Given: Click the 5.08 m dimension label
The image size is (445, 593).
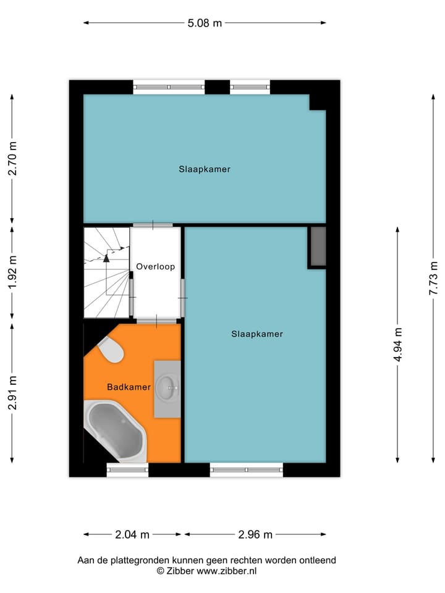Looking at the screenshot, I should pos(205,23).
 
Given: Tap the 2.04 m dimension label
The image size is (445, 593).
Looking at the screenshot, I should pos(133,534).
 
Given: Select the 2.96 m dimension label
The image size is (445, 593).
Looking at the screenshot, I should pos(255,534).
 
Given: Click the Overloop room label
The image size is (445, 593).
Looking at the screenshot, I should pos(156,267).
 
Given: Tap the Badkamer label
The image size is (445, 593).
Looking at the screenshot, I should pos(129,387).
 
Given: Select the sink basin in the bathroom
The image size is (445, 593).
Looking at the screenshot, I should pos(167,389).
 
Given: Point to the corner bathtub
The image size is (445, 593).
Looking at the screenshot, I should pos(115,430).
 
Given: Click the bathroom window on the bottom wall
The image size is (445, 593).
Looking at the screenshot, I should pos(127,470).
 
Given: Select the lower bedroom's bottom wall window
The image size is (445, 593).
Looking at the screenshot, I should pos(247,470).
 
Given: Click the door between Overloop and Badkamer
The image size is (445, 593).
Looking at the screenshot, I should pos(156,321).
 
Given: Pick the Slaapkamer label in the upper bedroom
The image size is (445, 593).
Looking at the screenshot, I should pos(205,169).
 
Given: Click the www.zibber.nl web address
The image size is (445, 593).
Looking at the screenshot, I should pos(226,571).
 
